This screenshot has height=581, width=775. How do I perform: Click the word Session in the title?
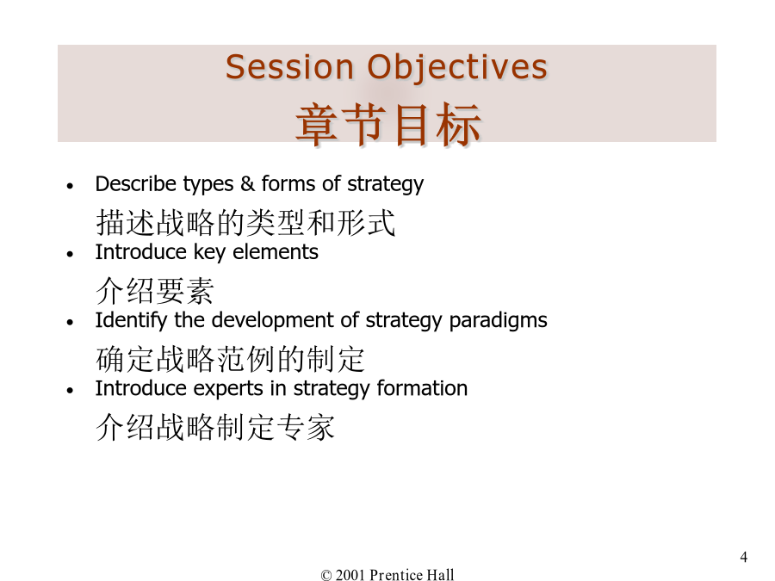[x=289, y=67]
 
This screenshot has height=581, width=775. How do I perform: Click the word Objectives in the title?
[x=457, y=69]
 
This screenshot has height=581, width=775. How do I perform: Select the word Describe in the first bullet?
[x=136, y=184]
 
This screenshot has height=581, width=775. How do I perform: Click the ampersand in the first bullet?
[x=247, y=184]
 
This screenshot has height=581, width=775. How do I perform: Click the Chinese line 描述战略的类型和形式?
[x=245, y=223]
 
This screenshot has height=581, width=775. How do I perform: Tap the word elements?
[x=276, y=252]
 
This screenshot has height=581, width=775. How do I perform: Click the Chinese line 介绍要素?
[x=155, y=291]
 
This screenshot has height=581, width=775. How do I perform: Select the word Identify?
[x=131, y=321]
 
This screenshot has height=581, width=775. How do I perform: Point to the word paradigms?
[x=498, y=321]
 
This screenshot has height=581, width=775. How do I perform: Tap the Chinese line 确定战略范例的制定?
[x=230, y=359]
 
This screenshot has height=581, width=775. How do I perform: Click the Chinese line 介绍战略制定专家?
[x=215, y=427]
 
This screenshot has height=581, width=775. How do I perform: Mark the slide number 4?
[x=743, y=557]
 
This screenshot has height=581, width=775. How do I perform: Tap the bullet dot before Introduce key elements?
[x=71, y=255]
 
